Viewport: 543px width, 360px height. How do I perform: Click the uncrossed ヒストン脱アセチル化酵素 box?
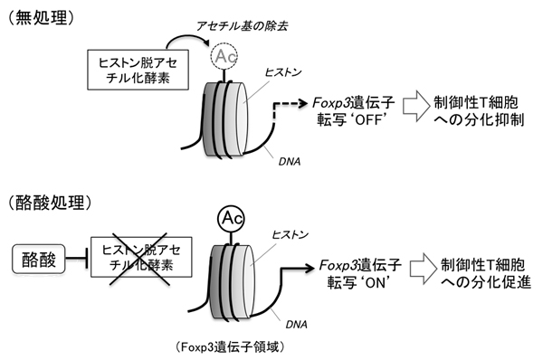coord(126,70)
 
